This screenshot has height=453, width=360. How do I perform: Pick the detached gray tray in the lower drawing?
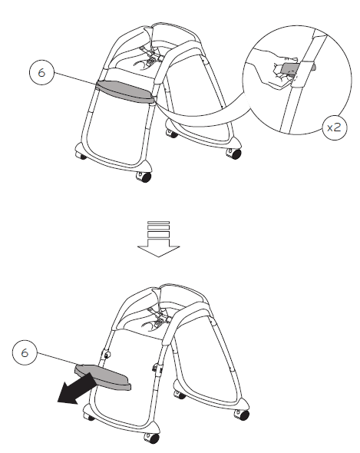(104, 375)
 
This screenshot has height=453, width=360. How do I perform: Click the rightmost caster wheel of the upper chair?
(232, 152)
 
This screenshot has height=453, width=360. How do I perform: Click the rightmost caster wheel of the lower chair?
(243, 415)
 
